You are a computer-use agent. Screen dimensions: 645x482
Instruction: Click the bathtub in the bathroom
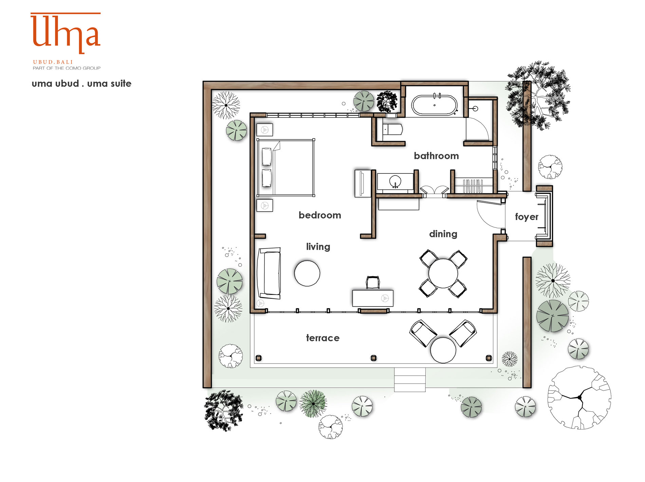pos(434,105)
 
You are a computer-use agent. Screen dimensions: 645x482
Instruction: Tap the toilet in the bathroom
pos(393,129)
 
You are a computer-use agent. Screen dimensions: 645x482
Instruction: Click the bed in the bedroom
pos(285,167)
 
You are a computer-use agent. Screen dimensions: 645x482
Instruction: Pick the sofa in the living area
pos(269,273)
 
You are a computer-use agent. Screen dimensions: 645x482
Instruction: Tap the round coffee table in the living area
pos(307,273)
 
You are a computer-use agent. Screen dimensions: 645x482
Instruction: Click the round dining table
pos(443,273)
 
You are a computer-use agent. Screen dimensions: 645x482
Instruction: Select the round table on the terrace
pos(443,350)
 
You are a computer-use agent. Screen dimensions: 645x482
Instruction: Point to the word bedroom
pos(320,215)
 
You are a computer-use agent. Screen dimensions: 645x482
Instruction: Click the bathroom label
pos(436,156)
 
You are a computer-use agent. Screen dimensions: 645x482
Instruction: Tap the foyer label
pos(527,217)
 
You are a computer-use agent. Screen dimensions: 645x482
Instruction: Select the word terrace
pos(322,338)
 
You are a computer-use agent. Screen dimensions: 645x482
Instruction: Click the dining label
pos(443,234)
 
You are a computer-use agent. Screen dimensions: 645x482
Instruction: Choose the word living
pos(318,247)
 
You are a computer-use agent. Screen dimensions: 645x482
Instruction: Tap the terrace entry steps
pos(410,380)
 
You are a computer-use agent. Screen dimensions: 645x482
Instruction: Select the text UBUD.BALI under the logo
pos(53,62)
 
